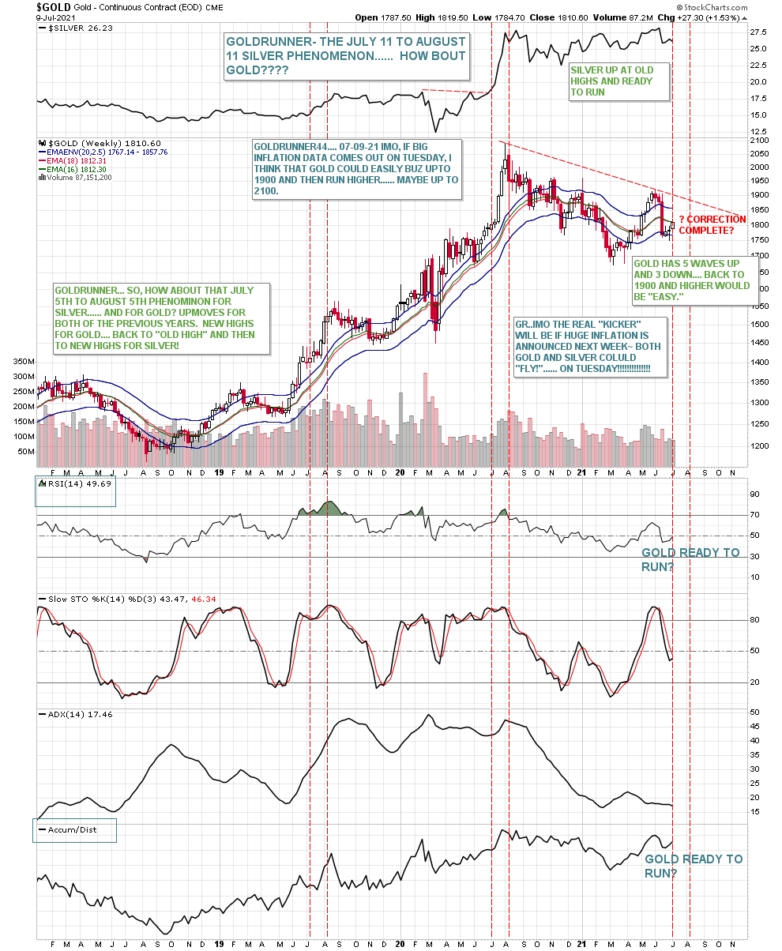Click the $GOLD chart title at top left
click(x=52, y=7)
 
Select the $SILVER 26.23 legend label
click(x=68, y=27)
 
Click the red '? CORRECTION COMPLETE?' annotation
click(x=712, y=224)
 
